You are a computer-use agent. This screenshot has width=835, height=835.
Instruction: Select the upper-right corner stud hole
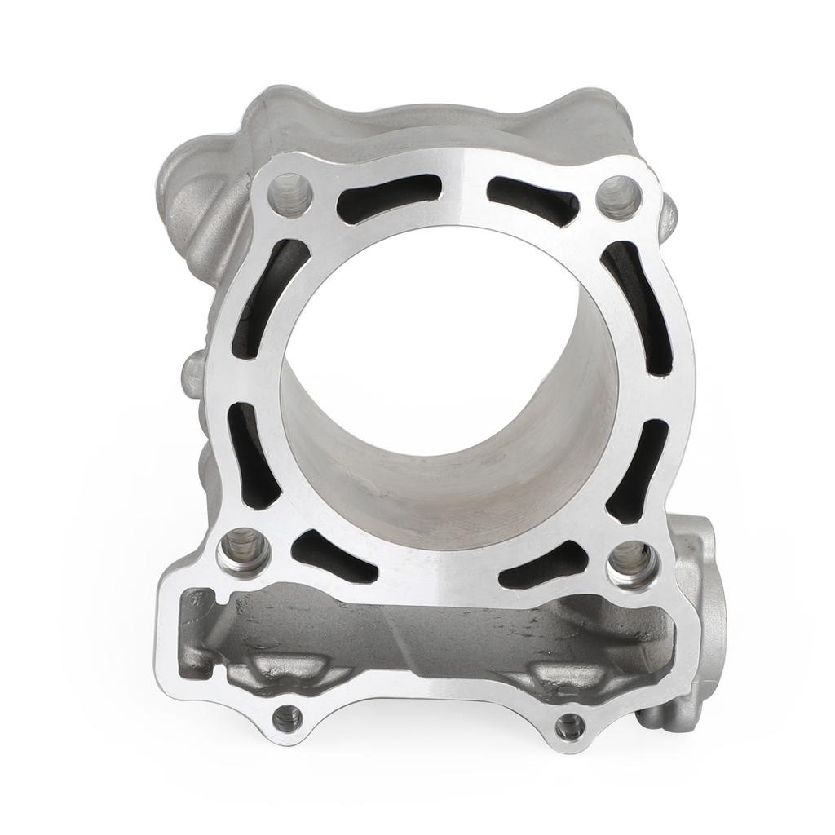click(620, 196)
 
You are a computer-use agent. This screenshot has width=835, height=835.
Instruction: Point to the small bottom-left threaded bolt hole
click(286, 718)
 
